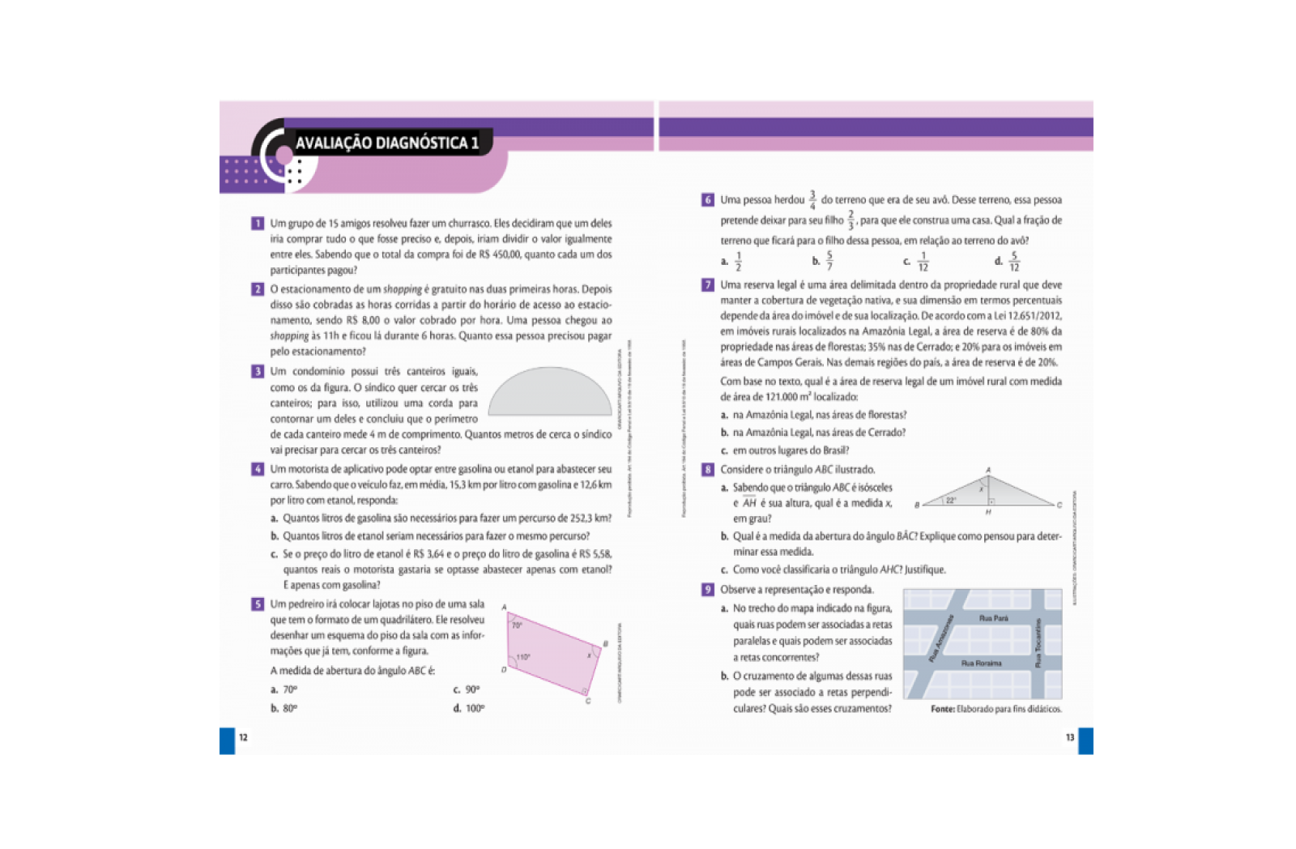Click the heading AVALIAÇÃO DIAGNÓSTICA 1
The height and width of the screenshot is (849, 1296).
[386, 143]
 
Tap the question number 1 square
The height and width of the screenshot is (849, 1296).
[258, 224]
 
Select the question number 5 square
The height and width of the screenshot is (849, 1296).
[258, 604]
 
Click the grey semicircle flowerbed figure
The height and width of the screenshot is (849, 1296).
[550, 394]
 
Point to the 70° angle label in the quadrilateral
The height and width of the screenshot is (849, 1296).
[517, 625]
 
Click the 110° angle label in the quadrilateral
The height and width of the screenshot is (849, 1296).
[523, 657]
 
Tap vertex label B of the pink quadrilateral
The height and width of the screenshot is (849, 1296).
[605, 644]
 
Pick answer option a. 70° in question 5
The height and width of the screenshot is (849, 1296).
[284, 689]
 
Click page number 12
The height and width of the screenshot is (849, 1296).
[243, 737]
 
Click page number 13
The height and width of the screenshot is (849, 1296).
[1069, 737]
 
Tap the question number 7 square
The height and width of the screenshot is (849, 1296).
[708, 285]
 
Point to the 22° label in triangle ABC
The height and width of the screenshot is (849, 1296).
[951, 501]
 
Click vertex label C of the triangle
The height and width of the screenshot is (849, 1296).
[1059, 505]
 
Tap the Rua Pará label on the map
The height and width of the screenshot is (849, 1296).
[993, 618]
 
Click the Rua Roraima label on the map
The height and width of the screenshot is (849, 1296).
[981, 663]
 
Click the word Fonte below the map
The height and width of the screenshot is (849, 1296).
[942, 709]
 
